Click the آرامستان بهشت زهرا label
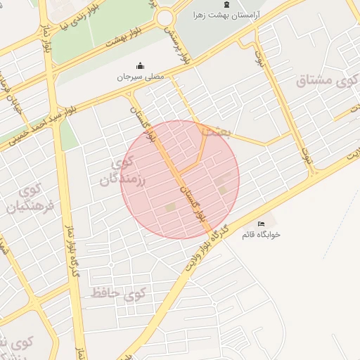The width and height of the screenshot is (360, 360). pyautogui.click(x=226, y=14)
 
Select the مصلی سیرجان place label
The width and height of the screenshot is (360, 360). pyautogui.click(x=139, y=76)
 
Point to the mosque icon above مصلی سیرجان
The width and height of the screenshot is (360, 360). pyautogui.click(x=139, y=66)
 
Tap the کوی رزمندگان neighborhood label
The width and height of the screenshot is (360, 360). pyautogui.click(x=117, y=172)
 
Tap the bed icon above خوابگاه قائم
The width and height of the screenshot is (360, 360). pyautogui.click(x=261, y=224)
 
